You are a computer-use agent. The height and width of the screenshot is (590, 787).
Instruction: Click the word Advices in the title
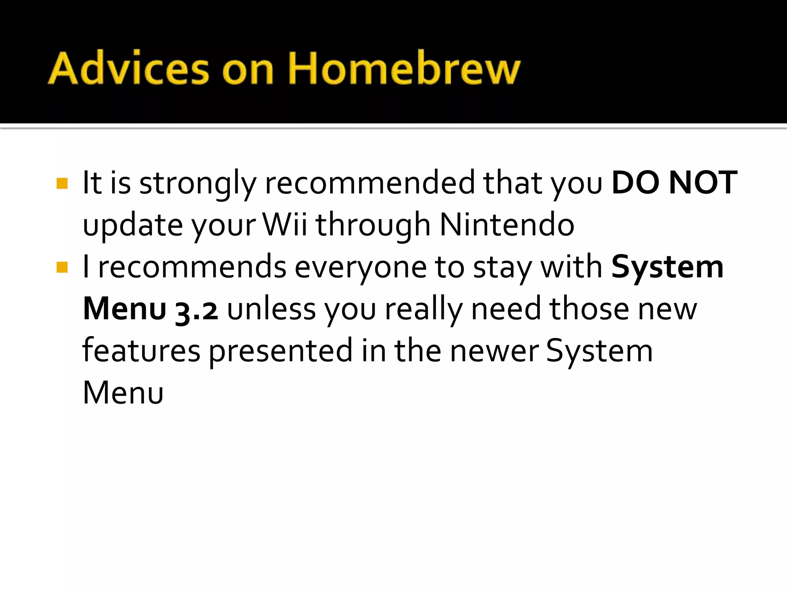(x=129, y=68)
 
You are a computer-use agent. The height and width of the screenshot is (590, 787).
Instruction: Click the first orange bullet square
(x=62, y=183)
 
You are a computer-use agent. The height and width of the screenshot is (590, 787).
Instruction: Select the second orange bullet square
(x=62, y=267)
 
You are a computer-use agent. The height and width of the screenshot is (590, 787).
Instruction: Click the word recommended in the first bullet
(x=370, y=183)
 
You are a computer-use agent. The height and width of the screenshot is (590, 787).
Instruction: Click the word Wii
(x=285, y=225)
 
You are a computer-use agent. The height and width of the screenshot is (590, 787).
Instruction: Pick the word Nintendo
(x=507, y=225)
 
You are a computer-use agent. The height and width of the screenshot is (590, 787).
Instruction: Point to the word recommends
(x=192, y=267)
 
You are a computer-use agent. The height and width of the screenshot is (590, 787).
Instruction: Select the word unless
(x=271, y=309)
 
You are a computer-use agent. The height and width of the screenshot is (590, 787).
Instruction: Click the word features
(x=141, y=351)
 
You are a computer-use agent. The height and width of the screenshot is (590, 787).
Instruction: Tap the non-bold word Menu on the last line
(x=123, y=393)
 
